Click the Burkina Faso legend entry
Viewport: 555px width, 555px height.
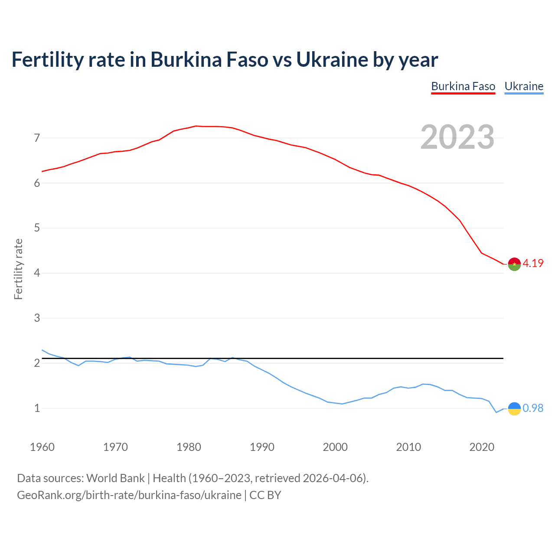(x=463, y=86)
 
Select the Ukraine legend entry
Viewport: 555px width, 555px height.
(x=524, y=86)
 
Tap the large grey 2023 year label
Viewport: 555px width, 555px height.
(x=457, y=137)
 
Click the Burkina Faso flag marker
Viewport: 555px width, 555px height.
(x=514, y=264)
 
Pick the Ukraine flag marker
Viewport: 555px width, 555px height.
(x=514, y=408)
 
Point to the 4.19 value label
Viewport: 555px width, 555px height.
(x=533, y=263)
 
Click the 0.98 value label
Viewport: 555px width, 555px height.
(x=533, y=408)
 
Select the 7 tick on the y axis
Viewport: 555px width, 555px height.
(x=37, y=138)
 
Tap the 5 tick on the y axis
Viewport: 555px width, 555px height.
(x=37, y=228)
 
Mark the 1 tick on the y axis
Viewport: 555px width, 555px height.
(x=37, y=408)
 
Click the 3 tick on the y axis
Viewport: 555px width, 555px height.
(x=37, y=318)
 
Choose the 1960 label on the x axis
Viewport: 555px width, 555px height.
(x=42, y=447)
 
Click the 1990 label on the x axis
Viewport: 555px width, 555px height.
(x=262, y=447)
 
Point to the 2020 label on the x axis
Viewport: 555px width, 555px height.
(x=482, y=447)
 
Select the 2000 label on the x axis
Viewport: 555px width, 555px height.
(x=335, y=447)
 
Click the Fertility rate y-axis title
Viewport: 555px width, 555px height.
(x=18, y=269)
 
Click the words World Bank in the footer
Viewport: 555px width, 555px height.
(x=115, y=478)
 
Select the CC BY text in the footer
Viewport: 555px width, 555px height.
(x=265, y=495)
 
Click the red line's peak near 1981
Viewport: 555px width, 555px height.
(x=196, y=126)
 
